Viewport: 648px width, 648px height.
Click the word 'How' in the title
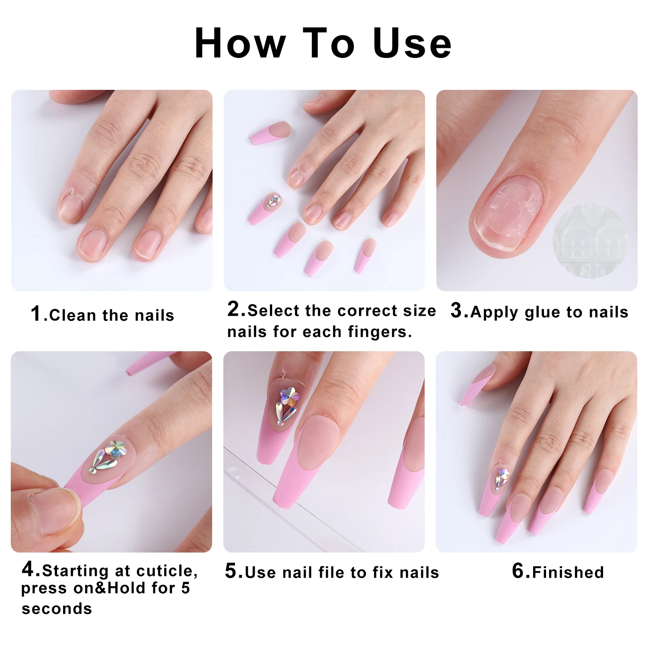pos(240,43)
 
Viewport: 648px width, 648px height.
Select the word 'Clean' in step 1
pos(73,315)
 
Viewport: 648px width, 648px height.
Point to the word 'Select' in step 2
pos(273,311)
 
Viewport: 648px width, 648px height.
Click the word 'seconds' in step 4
pos(57,609)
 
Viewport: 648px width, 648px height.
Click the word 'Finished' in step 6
pos(568,572)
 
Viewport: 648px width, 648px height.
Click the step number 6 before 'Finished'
pos(518,571)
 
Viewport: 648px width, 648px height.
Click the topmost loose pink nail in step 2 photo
pos(270,132)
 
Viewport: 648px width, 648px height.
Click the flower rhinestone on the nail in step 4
pos(116,449)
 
